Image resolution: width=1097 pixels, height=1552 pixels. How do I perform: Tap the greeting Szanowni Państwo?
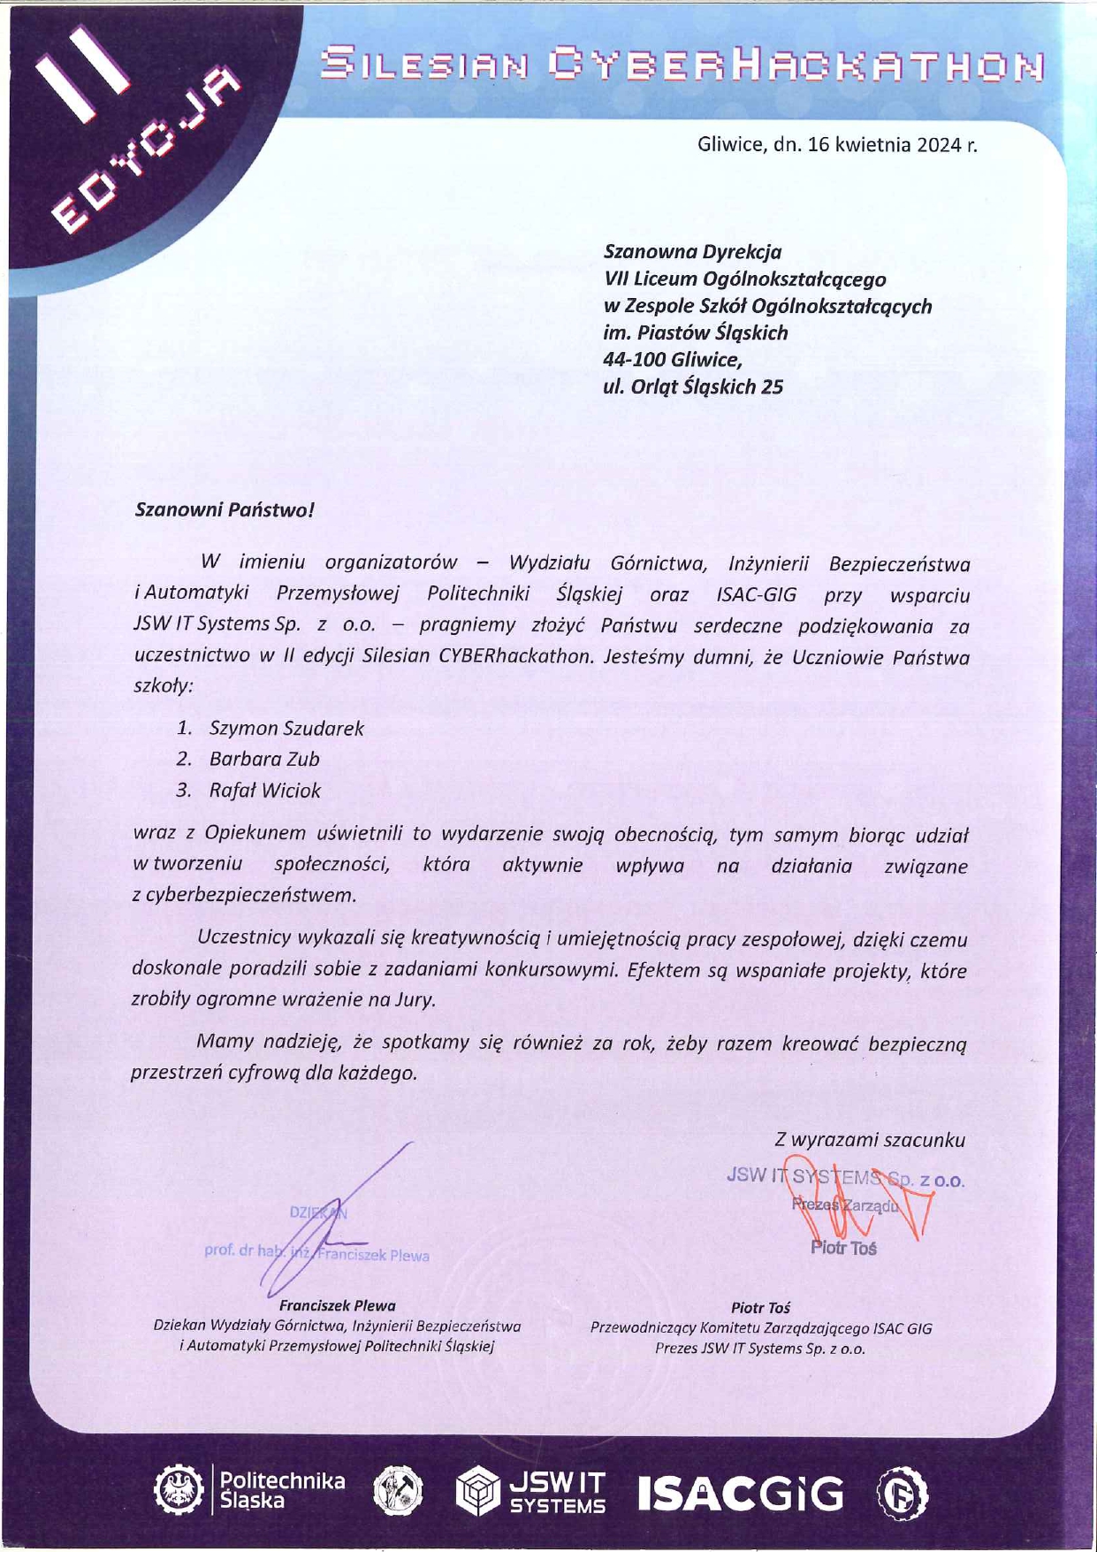point(225,510)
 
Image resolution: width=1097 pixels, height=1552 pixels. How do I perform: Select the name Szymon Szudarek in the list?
point(286,728)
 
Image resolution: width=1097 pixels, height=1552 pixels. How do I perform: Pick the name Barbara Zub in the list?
point(264,759)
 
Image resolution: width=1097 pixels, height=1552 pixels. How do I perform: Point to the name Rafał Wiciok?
point(264,791)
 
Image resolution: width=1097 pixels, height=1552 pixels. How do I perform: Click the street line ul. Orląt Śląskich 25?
point(693,386)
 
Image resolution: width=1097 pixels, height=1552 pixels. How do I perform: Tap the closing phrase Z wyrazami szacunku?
point(870,1140)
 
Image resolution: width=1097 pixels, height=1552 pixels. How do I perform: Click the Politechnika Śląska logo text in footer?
point(281,1490)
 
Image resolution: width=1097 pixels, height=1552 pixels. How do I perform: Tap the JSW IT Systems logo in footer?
point(531,1492)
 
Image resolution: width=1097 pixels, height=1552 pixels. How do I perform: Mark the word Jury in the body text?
point(417,1000)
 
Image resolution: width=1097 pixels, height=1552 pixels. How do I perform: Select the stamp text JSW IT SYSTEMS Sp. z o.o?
point(845,1177)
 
